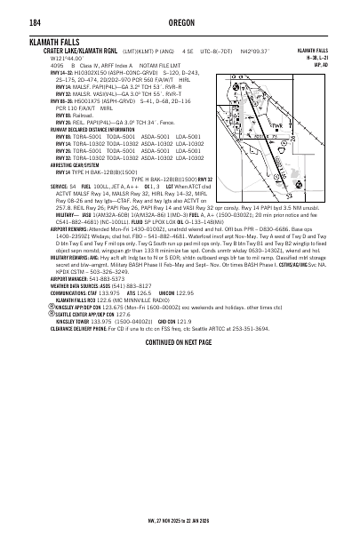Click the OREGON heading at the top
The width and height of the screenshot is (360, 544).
click(180, 23)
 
